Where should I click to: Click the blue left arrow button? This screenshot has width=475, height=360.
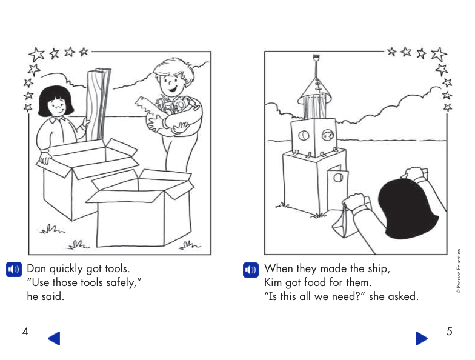pos(54,338)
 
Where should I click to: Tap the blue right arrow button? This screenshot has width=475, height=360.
pos(422,338)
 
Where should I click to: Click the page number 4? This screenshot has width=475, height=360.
pos(25,332)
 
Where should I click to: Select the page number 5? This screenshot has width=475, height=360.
pos(449,332)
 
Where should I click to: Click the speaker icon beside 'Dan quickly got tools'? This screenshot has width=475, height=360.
pos(13,269)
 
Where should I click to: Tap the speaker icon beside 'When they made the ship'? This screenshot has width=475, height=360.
pos(250,269)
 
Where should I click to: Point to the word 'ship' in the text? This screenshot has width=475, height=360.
pos(378,268)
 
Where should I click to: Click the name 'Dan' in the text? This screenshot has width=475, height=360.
pos(38,268)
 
